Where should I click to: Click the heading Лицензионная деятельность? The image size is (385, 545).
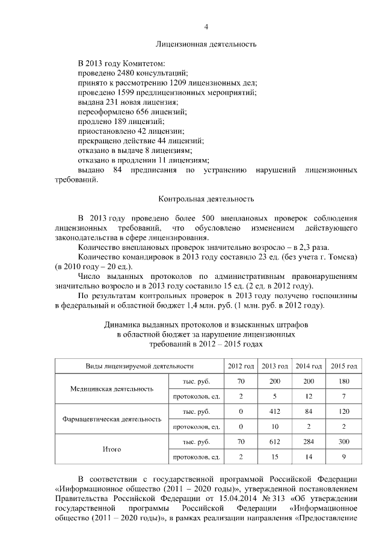(x=206, y=44)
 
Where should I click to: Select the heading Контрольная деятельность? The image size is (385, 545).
(x=206, y=199)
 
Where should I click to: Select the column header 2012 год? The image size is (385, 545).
(x=241, y=366)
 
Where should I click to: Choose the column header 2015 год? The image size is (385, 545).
(x=345, y=366)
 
